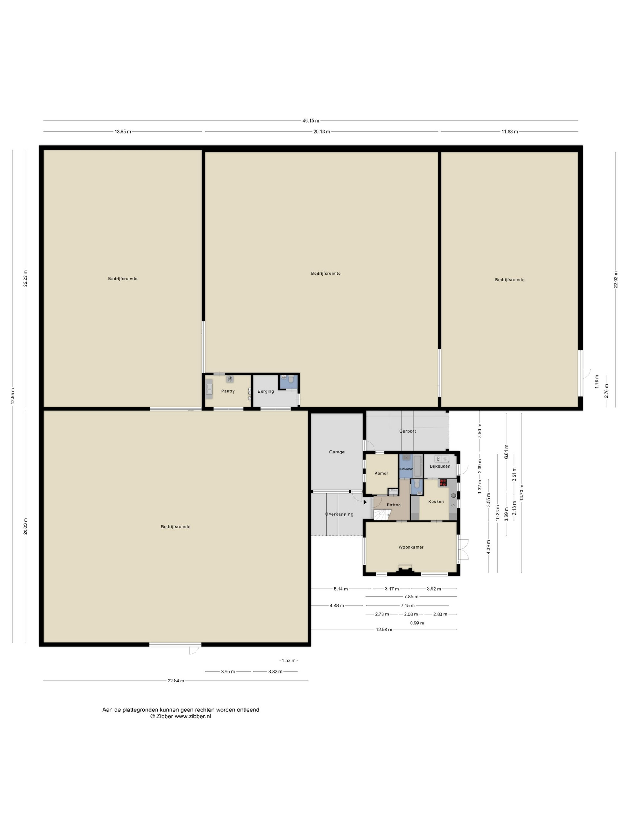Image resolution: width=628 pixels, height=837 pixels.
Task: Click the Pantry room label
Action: pos(228,391)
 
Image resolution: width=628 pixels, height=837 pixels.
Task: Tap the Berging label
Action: pos(266,391)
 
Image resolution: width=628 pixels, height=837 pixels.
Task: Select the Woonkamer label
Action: pos(411,547)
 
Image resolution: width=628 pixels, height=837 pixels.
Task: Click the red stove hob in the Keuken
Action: pos(443,483)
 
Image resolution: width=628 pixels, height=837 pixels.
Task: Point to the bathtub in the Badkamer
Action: pos(417,466)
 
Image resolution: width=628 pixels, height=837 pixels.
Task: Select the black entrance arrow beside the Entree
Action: pos(365,502)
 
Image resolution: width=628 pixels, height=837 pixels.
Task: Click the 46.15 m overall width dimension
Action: pos(311,121)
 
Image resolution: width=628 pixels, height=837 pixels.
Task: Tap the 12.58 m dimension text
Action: pos(384,630)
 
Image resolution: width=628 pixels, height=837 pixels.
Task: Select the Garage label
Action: pos(336,452)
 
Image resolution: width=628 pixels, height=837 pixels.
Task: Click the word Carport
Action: pos(407,431)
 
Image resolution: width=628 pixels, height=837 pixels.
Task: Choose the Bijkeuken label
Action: pos(440,466)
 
